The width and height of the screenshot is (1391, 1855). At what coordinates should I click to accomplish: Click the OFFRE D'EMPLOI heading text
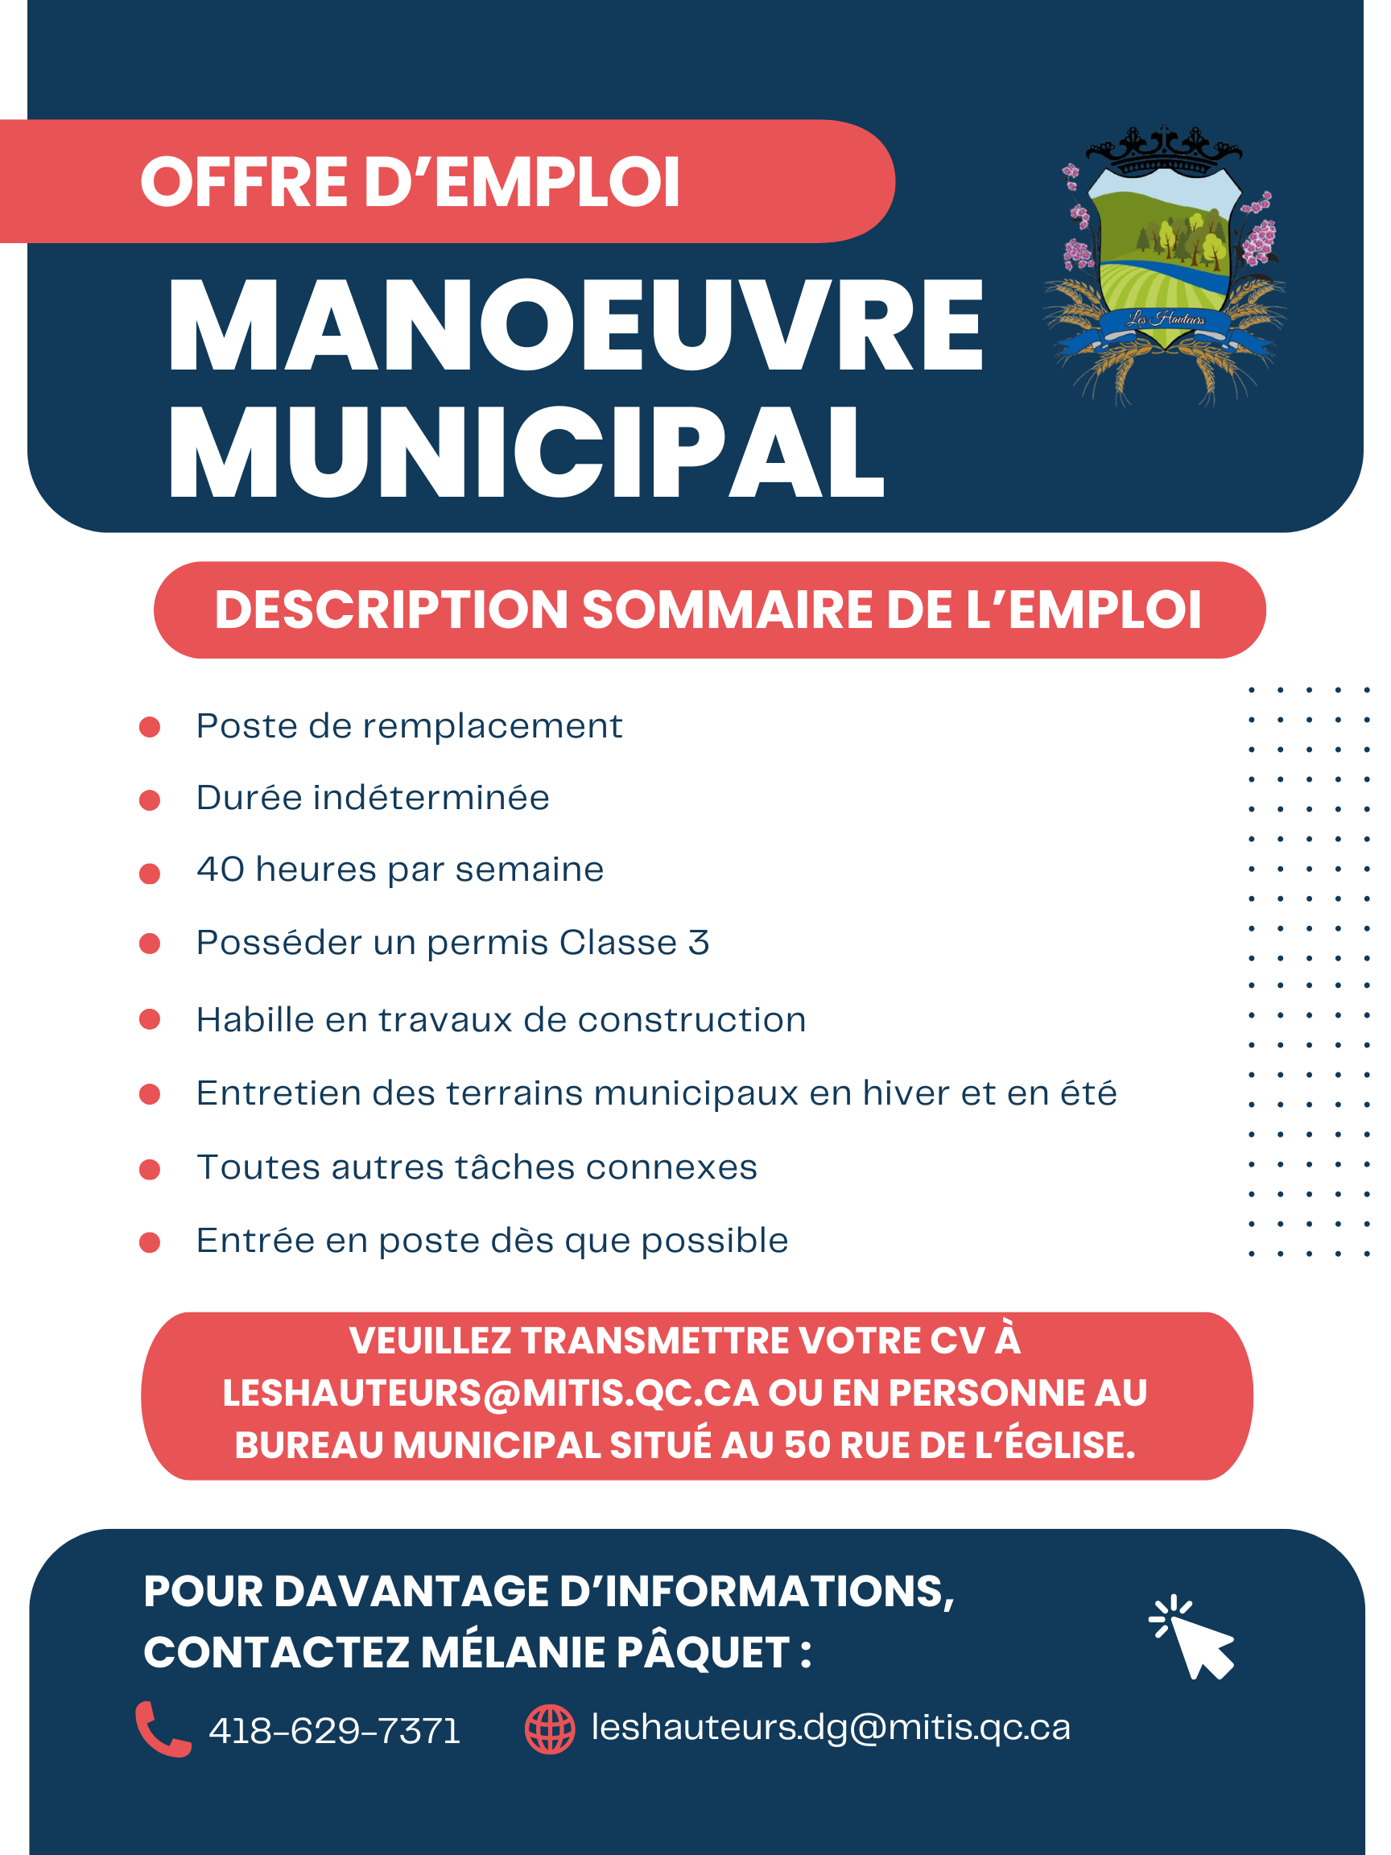(410, 182)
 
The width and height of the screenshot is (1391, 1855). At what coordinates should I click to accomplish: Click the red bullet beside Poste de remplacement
(150, 727)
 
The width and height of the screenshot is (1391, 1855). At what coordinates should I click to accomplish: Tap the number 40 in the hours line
(221, 870)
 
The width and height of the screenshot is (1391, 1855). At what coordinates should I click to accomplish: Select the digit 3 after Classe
(699, 943)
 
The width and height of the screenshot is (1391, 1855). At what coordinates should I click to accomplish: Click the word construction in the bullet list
(691, 1021)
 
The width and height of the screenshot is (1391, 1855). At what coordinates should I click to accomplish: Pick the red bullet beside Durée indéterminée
(150, 800)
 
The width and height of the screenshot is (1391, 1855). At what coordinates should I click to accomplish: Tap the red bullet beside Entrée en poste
(150, 1242)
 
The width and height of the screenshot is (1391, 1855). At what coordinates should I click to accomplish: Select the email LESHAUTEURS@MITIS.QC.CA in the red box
(490, 1393)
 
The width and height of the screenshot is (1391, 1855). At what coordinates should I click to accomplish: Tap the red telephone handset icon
(163, 1729)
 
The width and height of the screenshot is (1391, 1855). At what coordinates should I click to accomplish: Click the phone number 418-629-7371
(335, 1731)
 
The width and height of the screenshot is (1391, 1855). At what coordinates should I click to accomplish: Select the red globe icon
(550, 1729)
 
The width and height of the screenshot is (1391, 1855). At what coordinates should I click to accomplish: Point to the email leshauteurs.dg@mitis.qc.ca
(831, 1728)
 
